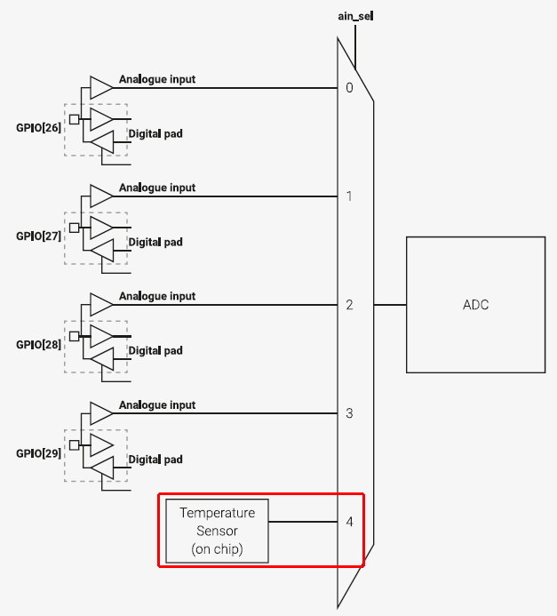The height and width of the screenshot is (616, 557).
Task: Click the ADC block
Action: (x=475, y=305)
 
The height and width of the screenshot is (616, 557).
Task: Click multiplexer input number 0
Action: (x=349, y=88)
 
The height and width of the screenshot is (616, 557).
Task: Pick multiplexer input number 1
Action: (x=349, y=196)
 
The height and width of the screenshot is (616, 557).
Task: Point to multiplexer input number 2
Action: (x=349, y=305)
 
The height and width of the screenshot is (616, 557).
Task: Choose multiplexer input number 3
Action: (x=349, y=413)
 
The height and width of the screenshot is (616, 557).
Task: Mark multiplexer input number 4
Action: (x=349, y=522)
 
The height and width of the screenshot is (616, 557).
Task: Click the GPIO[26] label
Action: (x=38, y=128)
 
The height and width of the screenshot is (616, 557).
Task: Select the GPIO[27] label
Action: (x=38, y=237)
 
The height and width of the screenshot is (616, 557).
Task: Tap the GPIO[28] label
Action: (x=38, y=345)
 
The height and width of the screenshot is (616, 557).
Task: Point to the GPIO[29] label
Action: (x=38, y=453)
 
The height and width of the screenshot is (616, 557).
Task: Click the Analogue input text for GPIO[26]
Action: (x=157, y=79)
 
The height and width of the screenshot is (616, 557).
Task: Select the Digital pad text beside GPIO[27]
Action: (x=155, y=242)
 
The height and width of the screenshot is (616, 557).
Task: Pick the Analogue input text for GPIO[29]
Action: (x=157, y=405)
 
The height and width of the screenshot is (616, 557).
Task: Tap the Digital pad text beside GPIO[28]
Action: (x=155, y=350)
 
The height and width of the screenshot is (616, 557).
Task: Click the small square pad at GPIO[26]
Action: (x=74, y=118)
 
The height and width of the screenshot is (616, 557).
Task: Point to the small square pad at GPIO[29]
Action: (x=74, y=444)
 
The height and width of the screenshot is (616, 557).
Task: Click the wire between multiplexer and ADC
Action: (x=390, y=305)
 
